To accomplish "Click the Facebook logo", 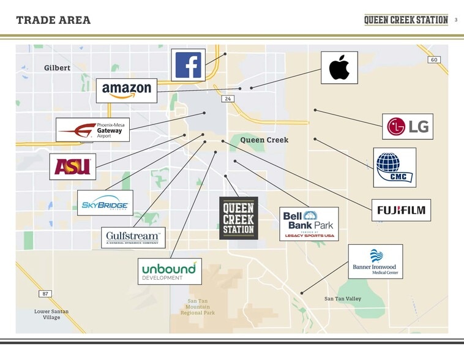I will (188, 65).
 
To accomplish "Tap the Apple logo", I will (339, 67).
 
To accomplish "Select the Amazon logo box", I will (127, 91).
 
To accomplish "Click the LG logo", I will (408, 127).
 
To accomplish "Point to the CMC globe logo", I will (394, 167).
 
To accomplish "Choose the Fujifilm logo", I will (401, 210).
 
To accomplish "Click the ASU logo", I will (73, 167).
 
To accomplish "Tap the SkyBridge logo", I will (105, 203).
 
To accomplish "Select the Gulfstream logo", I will (133, 238).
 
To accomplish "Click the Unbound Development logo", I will (169, 271).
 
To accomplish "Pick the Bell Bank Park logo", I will (309, 223).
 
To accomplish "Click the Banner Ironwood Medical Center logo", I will (375, 261).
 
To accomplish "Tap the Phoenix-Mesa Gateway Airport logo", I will (93, 130).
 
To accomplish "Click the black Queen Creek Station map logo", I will (239, 218).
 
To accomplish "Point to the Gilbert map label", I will (57, 68).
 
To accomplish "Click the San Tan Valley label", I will (343, 299).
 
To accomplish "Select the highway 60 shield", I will (434, 59).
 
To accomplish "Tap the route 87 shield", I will (45, 294).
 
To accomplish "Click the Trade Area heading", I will (53, 20).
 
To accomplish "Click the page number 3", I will (456, 20).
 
